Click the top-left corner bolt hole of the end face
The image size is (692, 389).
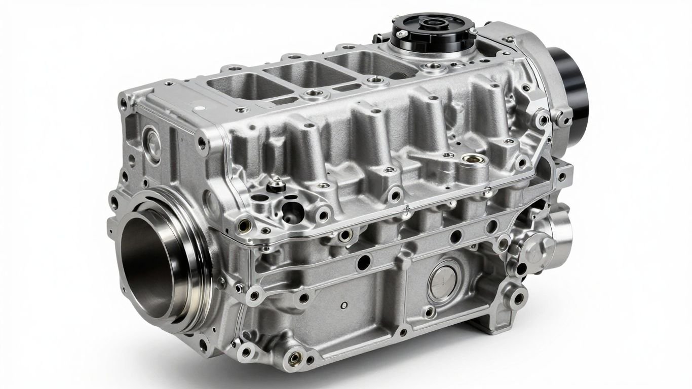[123, 104]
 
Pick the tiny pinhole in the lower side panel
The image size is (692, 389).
[344, 305]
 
